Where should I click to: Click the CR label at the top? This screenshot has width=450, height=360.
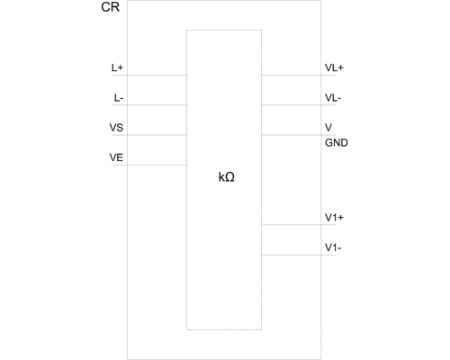(111, 7)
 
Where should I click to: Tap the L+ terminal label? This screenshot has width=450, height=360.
(117, 67)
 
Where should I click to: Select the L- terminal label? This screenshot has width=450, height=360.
(119, 98)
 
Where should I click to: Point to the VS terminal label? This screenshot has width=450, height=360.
(116, 128)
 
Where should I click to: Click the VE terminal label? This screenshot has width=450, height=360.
(116, 157)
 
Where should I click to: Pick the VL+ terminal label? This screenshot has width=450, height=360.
(334, 67)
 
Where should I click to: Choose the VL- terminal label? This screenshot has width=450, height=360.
(333, 98)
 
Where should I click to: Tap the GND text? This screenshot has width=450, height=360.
(337, 142)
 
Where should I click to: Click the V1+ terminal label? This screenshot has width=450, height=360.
(334, 218)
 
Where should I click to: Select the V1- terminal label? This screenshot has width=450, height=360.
(333, 247)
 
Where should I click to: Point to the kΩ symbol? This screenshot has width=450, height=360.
(227, 177)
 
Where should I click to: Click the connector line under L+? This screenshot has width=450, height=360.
(149, 75)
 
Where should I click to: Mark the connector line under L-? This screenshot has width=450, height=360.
(149, 105)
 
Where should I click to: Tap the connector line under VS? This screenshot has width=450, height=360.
(149, 135)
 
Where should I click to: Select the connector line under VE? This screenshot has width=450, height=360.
(149, 165)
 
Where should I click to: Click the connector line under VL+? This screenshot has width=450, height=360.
(299, 75)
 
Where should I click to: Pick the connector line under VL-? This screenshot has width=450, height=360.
(299, 105)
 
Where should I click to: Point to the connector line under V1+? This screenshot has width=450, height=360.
(299, 225)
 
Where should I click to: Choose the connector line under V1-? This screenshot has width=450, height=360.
(299, 255)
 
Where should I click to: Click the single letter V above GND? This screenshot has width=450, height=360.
(328, 128)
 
